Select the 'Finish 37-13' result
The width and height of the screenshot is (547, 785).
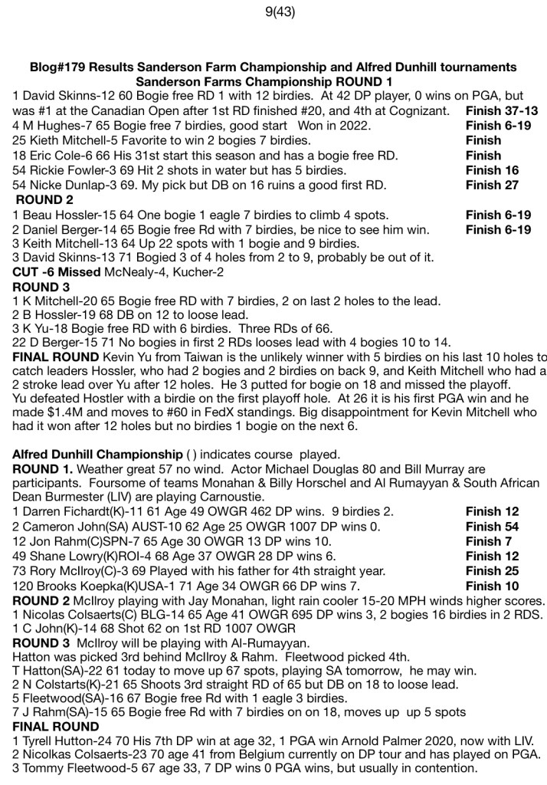point(501,111)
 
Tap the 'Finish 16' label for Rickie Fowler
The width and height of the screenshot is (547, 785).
point(492,169)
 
